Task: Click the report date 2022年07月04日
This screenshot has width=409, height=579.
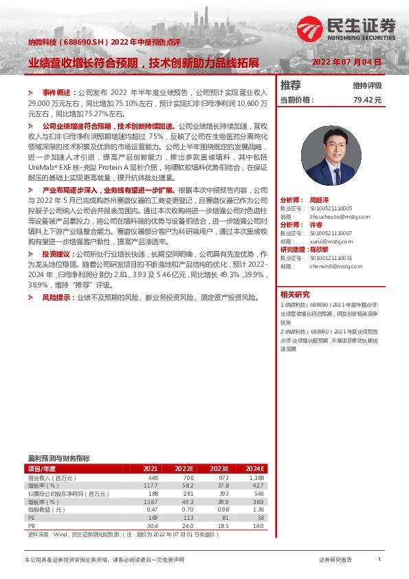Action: pos(347,63)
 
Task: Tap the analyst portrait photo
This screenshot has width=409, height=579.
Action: pos(331,156)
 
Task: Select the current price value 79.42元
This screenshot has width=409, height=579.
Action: pos(367,100)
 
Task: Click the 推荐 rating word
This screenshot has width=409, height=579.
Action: pos(291,85)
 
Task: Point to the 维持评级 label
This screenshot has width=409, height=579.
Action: pos(367,86)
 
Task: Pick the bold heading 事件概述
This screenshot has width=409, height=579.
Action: pos(57,91)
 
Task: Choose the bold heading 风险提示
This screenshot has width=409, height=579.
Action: pos(57,298)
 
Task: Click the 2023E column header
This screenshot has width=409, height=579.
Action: pos(219,468)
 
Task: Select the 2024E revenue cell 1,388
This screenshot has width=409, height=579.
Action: pos(256,477)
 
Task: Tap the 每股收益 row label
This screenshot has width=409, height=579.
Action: pos(45,510)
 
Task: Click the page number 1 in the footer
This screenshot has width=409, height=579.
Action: pos(379,560)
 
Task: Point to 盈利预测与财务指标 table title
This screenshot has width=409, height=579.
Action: pos(58,458)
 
